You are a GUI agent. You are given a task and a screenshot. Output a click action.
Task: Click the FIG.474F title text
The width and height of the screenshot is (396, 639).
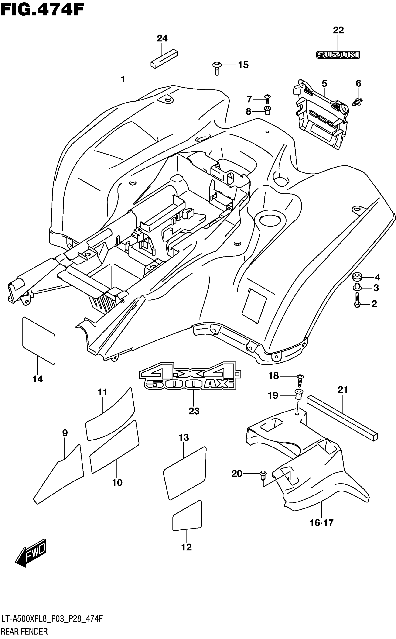click(x=42, y=10)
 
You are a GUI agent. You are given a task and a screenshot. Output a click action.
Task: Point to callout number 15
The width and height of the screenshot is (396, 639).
click(x=243, y=65)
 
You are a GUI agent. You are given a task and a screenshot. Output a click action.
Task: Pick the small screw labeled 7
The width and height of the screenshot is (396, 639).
click(x=267, y=99)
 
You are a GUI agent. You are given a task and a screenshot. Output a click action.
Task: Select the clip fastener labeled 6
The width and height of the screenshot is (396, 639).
click(x=358, y=102)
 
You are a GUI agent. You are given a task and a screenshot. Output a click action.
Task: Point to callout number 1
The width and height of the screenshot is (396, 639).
click(x=123, y=79)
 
